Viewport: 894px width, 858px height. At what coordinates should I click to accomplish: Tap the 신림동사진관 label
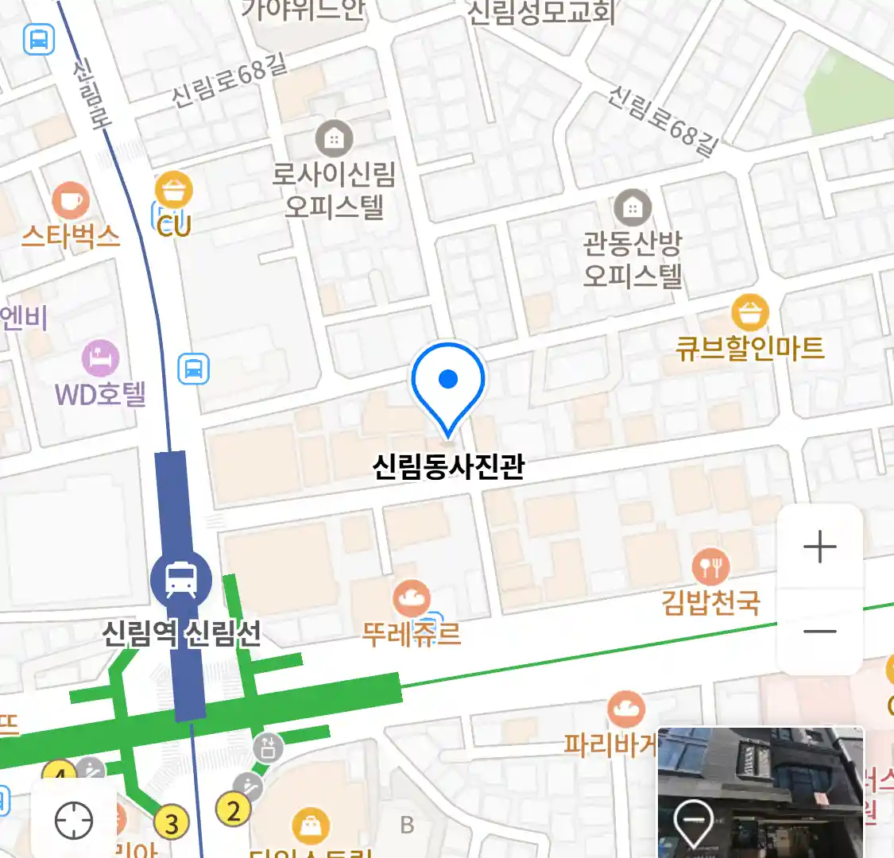tap(448, 466)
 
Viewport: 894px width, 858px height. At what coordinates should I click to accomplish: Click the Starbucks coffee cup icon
tap(70, 200)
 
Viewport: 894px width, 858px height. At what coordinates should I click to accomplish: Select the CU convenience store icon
tap(173, 191)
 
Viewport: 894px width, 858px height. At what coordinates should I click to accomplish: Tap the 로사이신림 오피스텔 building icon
tap(334, 140)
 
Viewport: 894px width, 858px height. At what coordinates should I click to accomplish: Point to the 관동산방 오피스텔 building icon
tap(633, 209)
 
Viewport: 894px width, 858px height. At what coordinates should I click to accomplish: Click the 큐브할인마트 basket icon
tap(749, 312)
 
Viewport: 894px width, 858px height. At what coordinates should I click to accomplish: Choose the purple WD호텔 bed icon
tap(101, 359)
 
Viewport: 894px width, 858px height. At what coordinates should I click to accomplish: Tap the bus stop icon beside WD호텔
tap(193, 369)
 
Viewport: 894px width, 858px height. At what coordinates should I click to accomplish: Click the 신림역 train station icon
tap(181, 579)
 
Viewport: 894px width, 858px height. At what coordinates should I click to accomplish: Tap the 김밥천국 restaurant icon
tap(710, 566)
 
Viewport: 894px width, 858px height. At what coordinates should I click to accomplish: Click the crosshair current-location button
tap(74, 820)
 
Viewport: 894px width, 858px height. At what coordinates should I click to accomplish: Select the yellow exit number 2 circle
tap(233, 810)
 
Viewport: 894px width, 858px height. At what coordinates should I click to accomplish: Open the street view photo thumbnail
tap(760, 792)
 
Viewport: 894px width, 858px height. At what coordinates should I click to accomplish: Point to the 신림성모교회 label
tap(541, 11)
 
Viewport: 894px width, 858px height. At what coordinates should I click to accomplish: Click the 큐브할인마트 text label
tap(749, 348)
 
